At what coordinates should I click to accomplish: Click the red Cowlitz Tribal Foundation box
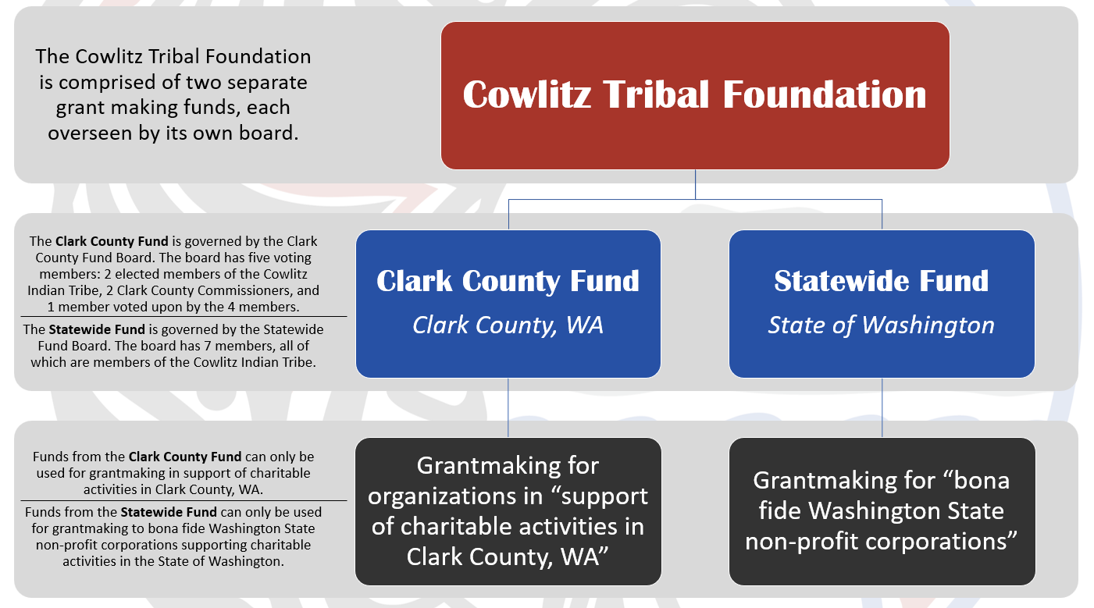[x=695, y=96]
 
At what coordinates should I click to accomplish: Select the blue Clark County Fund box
[x=508, y=304]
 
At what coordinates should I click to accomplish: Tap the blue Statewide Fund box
[x=882, y=304]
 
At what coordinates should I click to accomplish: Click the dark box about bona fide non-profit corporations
[x=882, y=511]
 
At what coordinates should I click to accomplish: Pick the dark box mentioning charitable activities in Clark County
[x=508, y=511]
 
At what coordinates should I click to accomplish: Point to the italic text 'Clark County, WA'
[x=508, y=325]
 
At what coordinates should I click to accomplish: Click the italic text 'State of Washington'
[x=881, y=325]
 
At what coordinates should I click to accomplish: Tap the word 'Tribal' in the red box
[x=656, y=94]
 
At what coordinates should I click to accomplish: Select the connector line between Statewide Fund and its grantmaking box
[x=882, y=407]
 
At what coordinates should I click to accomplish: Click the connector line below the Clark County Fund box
[x=508, y=407]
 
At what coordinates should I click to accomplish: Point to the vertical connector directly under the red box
[x=695, y=184]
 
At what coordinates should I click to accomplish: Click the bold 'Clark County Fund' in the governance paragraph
[x=112, y=241]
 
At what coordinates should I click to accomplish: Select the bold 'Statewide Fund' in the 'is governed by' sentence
[x=97, y=329]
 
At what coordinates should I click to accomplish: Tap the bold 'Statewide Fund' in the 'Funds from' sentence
[x=169, y=512]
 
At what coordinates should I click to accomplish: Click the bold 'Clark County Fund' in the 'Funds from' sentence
[x=184, y=457]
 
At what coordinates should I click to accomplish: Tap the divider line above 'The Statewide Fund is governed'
[x=184, y=317]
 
